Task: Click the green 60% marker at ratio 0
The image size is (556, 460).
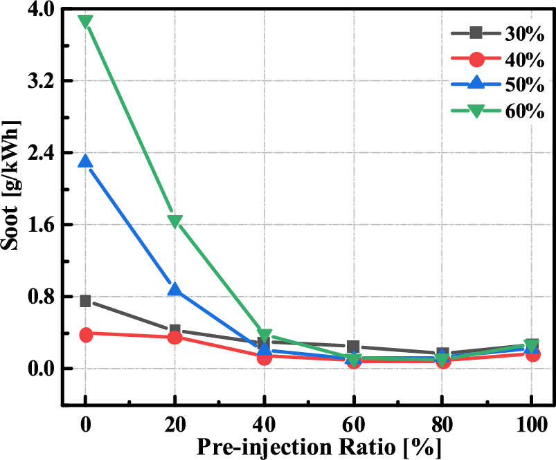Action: [86, 21]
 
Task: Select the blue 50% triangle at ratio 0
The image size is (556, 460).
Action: [86, 161]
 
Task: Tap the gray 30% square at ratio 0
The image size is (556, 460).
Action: [86, 301]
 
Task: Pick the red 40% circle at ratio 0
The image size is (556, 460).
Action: [86, 335]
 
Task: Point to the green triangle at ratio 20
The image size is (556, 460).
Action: [175, 221]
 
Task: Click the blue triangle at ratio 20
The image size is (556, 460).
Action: [175, 289]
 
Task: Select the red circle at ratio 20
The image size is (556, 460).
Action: [175, 337]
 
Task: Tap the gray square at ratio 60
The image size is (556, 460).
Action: [353, 347]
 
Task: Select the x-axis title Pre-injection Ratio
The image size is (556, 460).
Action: [308, 446]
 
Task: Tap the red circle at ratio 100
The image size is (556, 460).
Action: [532, 354]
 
